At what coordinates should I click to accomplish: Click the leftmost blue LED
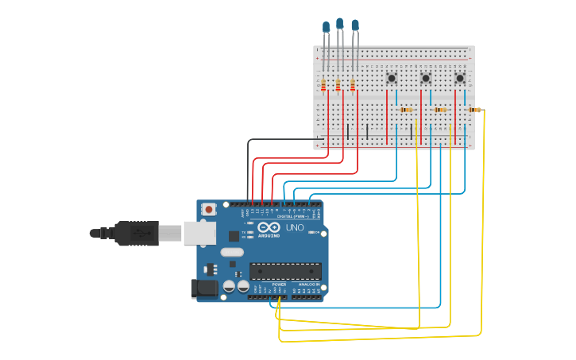326,27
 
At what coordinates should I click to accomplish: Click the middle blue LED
340,24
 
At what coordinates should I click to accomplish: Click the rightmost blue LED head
355,25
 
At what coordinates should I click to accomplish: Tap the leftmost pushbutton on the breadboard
391,78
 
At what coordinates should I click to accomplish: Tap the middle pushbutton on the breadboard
425,78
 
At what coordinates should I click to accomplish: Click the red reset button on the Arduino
209,210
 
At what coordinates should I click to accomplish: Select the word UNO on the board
295,228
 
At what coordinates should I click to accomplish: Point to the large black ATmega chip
285,271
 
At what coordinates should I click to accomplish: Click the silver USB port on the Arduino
199,232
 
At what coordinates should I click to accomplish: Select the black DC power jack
203,289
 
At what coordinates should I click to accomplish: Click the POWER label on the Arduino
279,284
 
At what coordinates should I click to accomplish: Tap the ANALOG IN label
309,284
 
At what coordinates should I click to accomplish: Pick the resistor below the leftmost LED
323,84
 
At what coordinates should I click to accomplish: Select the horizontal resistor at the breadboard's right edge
474,110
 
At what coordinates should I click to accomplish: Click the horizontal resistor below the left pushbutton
407,110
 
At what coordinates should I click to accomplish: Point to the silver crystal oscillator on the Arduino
231,253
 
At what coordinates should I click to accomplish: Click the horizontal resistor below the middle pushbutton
440,110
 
